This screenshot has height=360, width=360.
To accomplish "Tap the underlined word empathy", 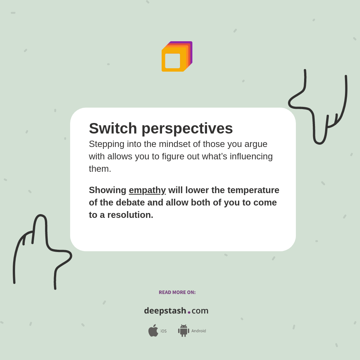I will coord(147,190).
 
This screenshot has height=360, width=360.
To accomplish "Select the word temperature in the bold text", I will coord(253,190).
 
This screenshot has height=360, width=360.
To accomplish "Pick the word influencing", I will coord(251,156).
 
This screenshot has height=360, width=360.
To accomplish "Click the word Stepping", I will coord(106,144).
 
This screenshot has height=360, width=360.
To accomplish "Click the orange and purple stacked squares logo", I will coord(177,57).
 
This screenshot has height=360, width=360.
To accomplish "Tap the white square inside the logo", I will coord(172,61).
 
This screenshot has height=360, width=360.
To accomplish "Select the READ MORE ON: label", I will coord(177,292).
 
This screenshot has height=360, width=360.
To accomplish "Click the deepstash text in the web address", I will coord(165,311).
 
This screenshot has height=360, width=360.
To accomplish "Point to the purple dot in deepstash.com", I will coord(189,312).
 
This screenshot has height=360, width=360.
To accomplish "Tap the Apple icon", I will coord(153,331).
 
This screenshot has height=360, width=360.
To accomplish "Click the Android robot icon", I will coord(183,331).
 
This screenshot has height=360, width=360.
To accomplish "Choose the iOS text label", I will coord(163,331).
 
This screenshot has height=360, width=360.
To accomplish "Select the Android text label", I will coord(198,331).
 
